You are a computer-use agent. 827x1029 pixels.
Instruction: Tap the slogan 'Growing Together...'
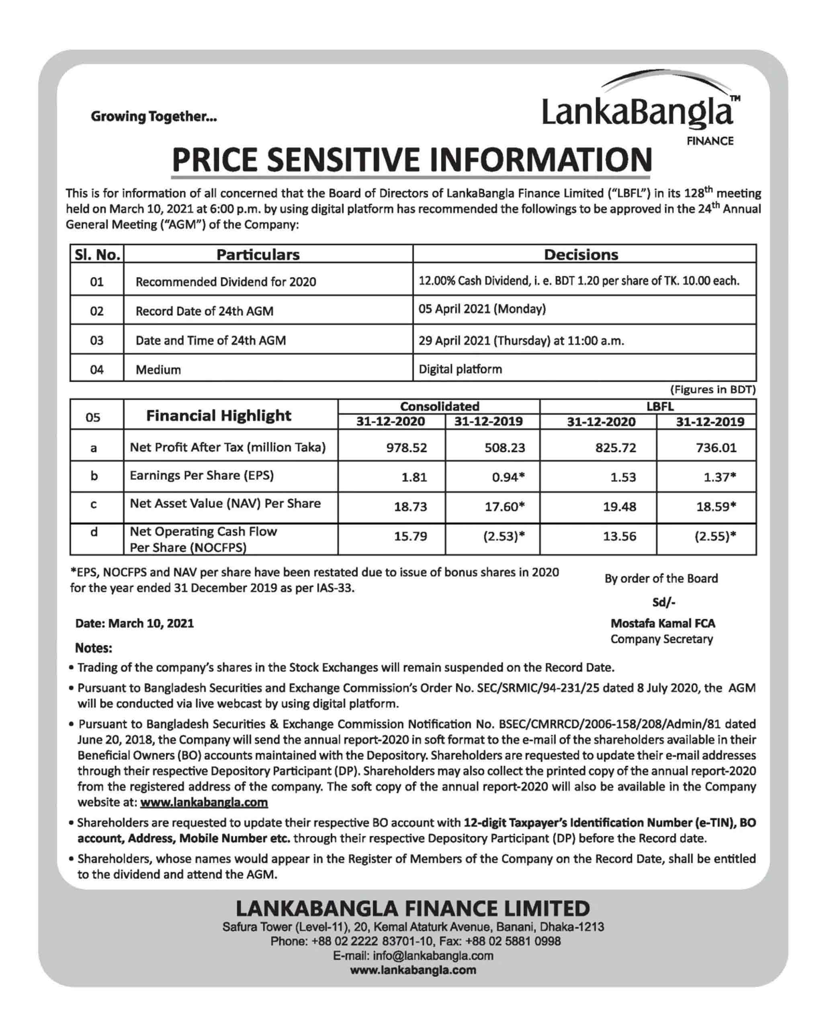(x=154, y=117)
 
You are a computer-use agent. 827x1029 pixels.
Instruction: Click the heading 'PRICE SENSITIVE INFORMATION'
(x=411, y=160)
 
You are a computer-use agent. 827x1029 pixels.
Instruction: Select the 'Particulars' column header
(x=258, y=254)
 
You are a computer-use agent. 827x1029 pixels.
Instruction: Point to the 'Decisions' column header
(x=581, y=254)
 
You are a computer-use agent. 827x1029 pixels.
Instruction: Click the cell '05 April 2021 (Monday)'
(x=482, y=309)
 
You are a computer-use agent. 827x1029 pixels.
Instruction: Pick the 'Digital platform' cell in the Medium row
(x=460, y=369)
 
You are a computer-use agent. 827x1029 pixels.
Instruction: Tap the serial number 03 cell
(x=96, y=340)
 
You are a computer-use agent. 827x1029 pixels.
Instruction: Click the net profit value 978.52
(x=407, y=448)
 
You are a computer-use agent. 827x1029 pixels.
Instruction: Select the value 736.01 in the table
(x=716, y=448)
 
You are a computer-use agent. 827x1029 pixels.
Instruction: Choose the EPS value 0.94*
(x=508, y=477)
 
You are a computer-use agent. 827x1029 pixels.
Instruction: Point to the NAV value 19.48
(x=619, y=506)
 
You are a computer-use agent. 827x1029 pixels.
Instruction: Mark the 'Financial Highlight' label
(x=219, y=415)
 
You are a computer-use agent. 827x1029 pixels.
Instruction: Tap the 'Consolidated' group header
(x=439, y=406)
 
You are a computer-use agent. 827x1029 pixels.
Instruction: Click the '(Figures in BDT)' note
(x=712, y=389)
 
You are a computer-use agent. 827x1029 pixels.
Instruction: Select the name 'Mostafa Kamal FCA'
(x=662, y=623)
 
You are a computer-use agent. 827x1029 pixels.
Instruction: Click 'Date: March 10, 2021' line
(x=135, y=623)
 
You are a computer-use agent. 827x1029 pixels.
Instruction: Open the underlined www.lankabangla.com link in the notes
(x=204, y=802)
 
